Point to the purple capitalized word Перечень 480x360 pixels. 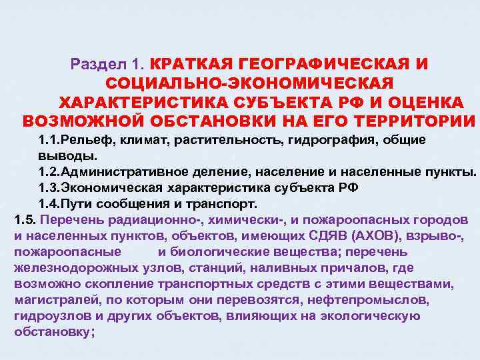(72, 220)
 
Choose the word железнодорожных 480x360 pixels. (72, 268)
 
